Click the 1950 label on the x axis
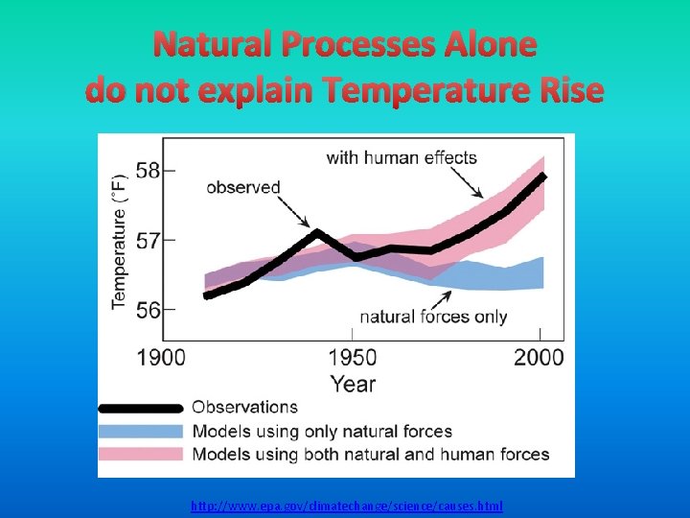(353, 358)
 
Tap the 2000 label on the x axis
(540, 358)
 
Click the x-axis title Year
(353, 384)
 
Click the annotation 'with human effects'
(401, 157)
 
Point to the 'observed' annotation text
(242, 187)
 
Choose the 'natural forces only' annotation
(433, 317)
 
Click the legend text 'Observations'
(244, 408)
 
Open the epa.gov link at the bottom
(346, 506)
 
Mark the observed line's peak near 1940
(318, 232)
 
